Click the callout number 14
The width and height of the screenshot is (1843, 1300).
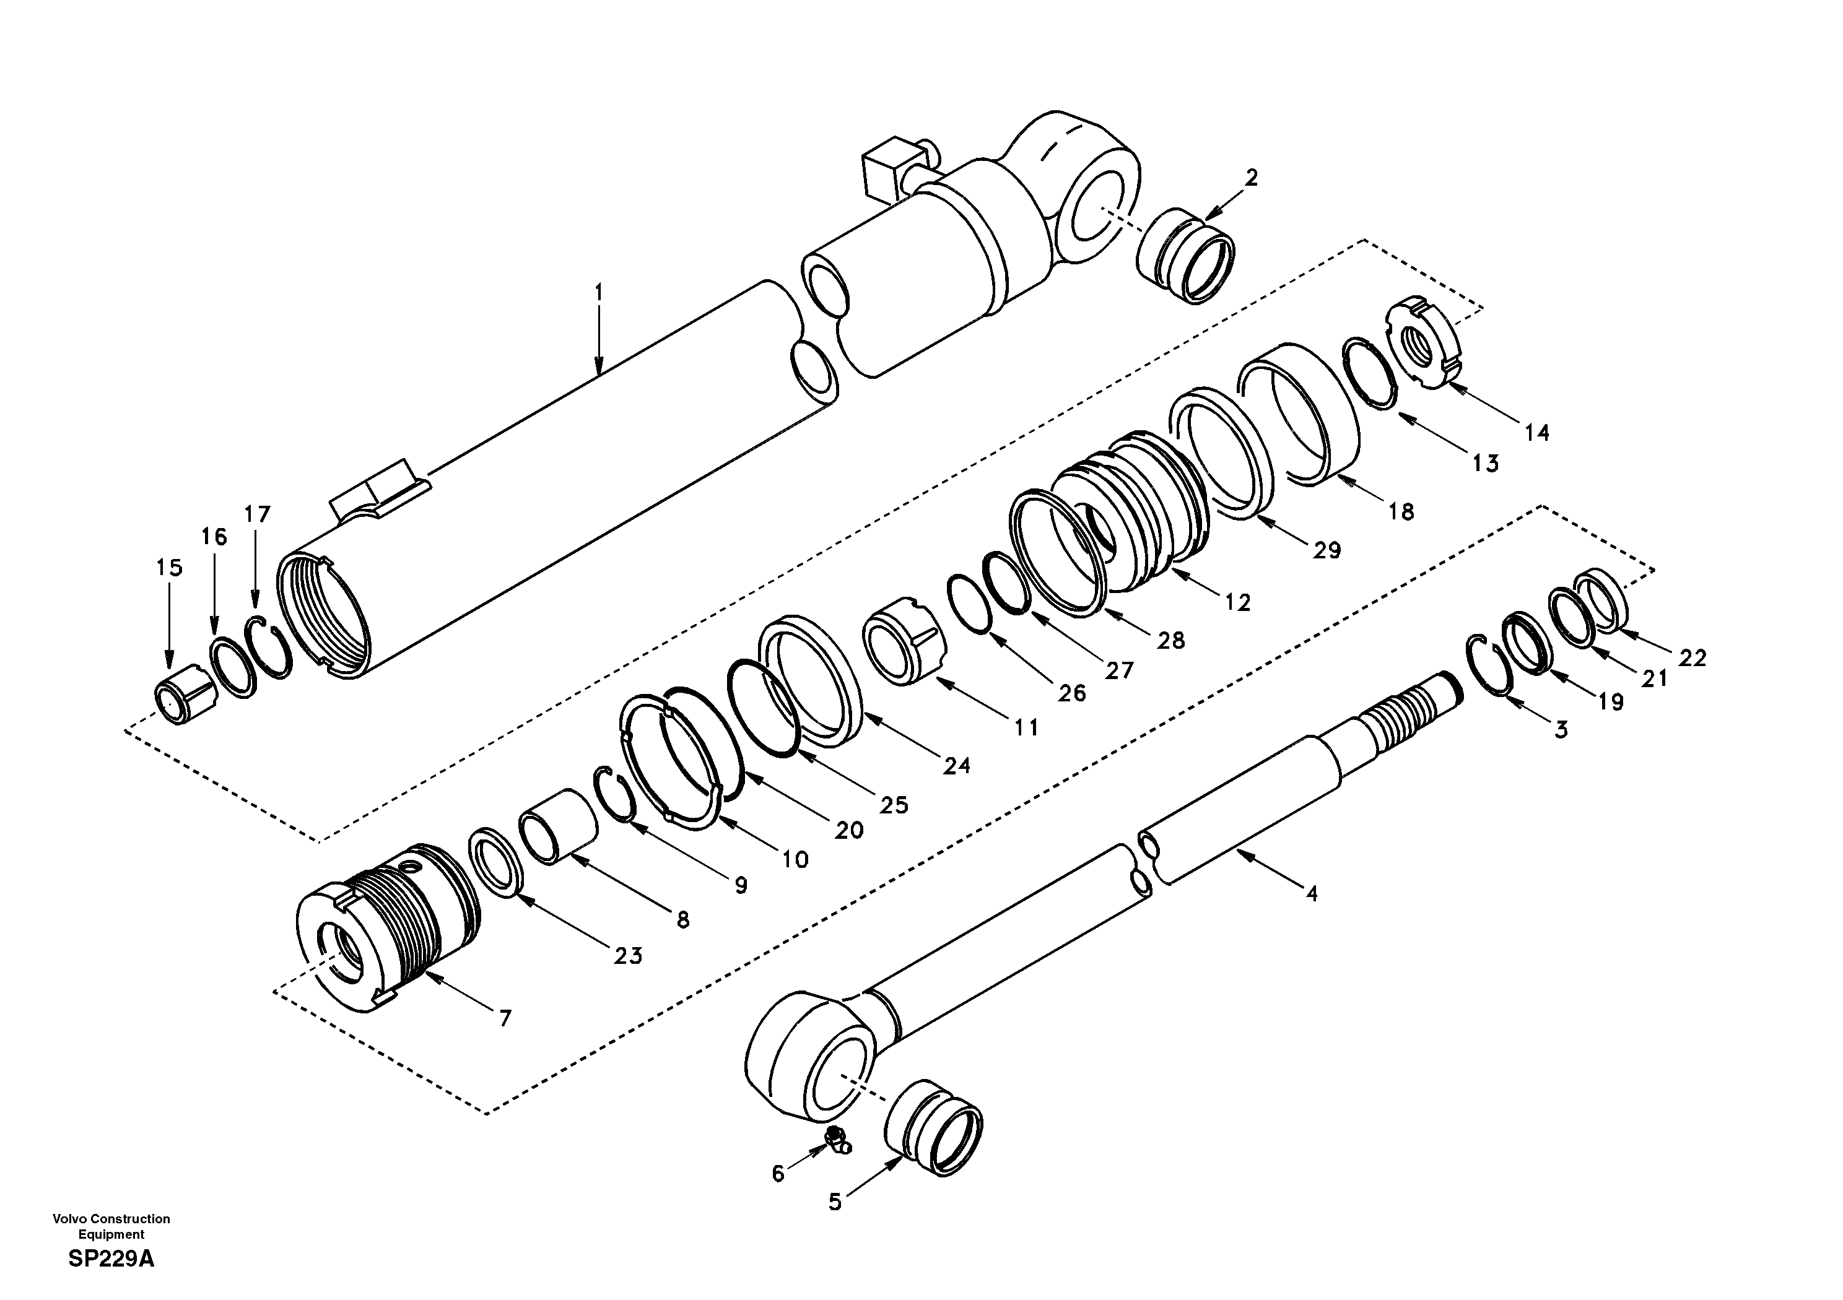1536,433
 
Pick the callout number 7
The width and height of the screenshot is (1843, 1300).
504,1019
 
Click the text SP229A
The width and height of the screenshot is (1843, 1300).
111,1259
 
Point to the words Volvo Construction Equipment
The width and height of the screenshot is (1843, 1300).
111,1226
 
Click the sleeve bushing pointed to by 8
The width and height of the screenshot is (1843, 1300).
559,826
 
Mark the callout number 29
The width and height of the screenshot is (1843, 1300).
1327,550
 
